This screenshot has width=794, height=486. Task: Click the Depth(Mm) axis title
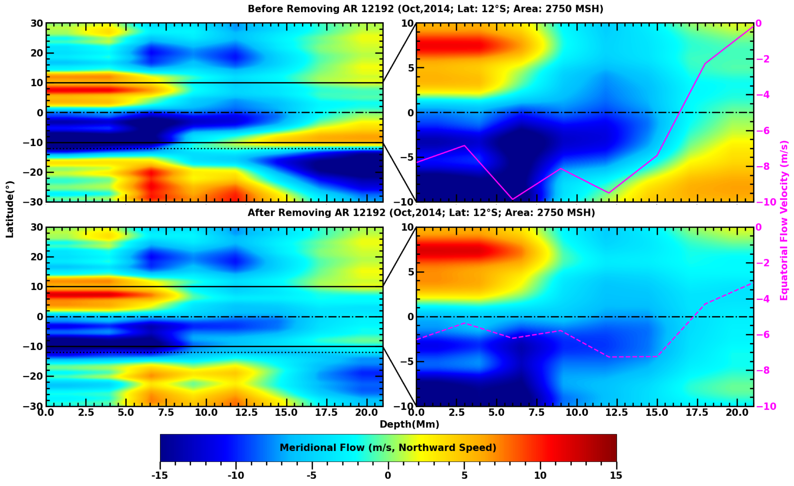coord(409,424)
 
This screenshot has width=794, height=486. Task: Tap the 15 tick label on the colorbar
coord(616,475)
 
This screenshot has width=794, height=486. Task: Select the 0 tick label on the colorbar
coord(388,475)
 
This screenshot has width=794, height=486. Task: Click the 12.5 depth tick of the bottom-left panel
coord(246,413)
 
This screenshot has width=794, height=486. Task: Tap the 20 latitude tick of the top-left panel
coord(37,53)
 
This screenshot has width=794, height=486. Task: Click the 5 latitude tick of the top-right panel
coord(411,68)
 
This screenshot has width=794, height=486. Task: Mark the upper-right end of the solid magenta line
coord(753,26)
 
